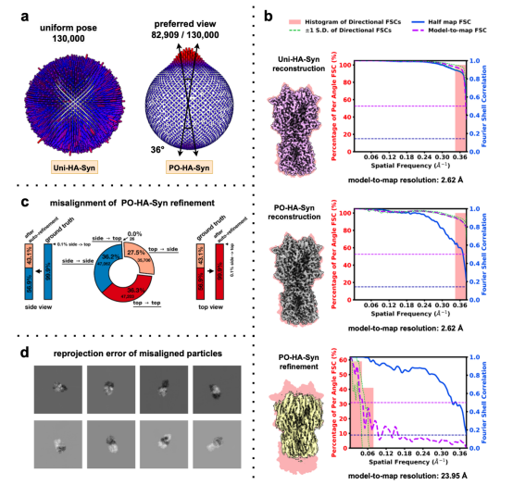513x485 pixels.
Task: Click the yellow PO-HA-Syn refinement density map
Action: (298, 403)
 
